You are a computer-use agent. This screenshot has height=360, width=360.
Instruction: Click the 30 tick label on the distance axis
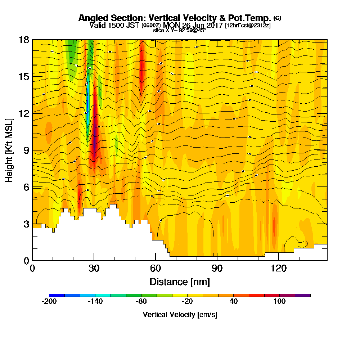point(94,268)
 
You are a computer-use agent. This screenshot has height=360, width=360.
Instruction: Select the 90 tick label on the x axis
point(217,268)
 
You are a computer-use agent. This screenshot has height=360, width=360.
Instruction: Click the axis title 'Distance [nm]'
point(180,282)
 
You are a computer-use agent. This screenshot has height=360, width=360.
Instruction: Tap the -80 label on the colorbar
point(141,302)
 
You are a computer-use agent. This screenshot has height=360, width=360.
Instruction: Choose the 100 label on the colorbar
point(279,302)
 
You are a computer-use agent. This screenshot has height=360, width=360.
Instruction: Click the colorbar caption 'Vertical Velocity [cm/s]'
point(180,315)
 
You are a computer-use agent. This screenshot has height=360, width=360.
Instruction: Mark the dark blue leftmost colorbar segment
point(57,295)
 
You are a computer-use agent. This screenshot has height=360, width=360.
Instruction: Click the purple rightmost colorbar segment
point(303,295)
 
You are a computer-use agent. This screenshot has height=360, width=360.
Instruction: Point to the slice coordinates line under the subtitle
point(180,30)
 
